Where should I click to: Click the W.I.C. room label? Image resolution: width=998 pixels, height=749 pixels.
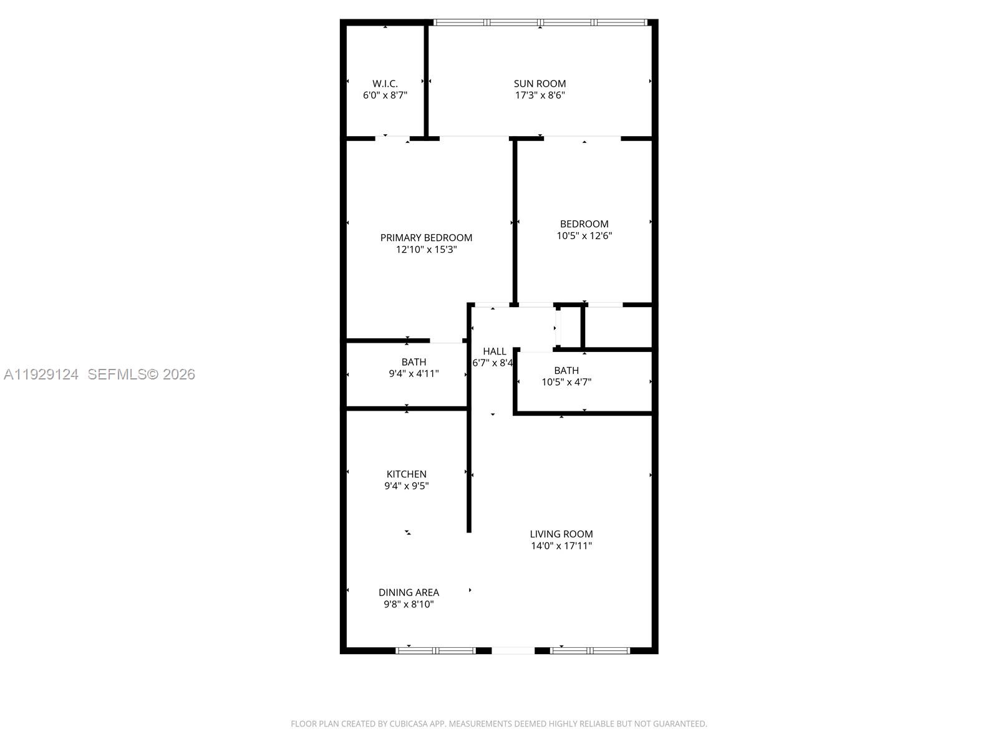pos(385,84)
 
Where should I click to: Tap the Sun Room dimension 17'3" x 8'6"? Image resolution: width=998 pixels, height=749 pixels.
pos(540,95)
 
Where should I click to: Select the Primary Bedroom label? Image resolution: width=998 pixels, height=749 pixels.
pos(426,238)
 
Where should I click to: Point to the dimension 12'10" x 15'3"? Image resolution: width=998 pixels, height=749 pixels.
pos(426,250)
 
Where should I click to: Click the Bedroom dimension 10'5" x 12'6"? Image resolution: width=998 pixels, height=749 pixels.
pos(584,236)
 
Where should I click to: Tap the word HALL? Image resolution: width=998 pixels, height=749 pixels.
pos(494,351)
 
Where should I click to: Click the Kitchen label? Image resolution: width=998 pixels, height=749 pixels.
pos(406,474)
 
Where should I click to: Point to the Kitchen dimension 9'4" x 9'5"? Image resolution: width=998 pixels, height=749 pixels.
pos(406,486)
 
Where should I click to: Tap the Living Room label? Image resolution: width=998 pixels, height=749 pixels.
pos(561,534)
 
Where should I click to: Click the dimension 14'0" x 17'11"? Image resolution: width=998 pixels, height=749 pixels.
pos(561,546)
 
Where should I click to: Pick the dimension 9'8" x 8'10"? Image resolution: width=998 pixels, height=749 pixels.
pos(409,605)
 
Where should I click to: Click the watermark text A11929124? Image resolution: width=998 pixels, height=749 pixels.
pos(41,374)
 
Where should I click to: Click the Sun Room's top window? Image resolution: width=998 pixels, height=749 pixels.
pos(540,22)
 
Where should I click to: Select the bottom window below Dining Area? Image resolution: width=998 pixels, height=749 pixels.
pos(435,650)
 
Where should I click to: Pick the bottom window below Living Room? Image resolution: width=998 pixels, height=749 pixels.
pos(590,650)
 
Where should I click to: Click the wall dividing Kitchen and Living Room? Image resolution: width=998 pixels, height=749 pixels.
pos(469,468)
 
